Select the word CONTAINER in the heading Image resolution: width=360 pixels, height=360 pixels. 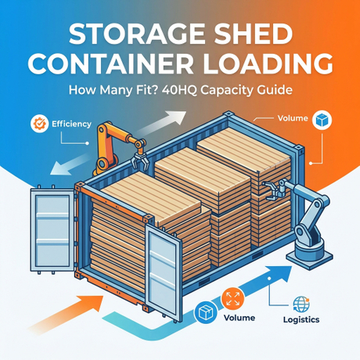110,63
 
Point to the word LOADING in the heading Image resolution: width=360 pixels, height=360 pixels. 268,63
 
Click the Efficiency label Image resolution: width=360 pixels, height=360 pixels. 71,124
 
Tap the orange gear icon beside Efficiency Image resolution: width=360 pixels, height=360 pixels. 39,124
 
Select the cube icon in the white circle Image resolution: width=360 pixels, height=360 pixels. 322,120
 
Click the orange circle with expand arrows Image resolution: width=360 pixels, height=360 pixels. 232,299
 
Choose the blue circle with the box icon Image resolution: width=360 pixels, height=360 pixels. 206,313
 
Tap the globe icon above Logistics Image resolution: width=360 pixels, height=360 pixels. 301,304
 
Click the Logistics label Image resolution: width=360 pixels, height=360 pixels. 301,319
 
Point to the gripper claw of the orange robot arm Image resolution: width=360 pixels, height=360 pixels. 140,161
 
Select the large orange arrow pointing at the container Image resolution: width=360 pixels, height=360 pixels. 65,315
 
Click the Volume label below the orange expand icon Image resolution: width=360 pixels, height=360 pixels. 239,318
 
